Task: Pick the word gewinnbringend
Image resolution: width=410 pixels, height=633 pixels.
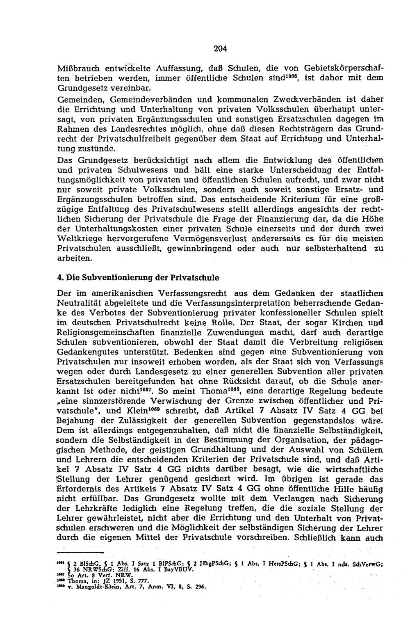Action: (x=205, y=248)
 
